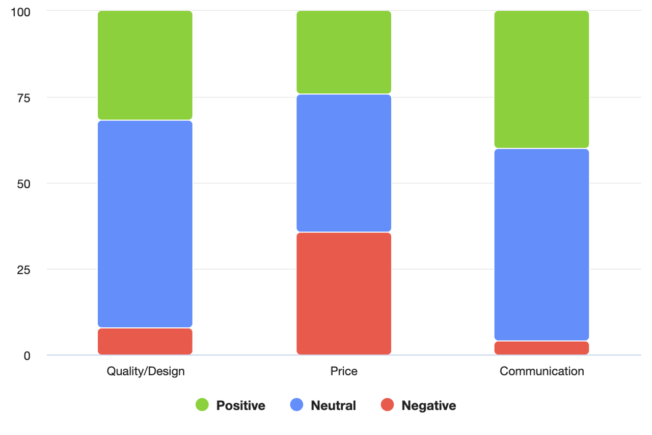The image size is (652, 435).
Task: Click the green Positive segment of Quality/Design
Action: click(145, 65)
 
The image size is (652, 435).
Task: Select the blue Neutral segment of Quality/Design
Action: click(145, 224)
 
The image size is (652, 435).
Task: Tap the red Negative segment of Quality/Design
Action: click(145, 341)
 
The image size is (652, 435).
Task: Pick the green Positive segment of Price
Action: click(344, 52)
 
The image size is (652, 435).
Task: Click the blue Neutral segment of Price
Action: click(344, 163)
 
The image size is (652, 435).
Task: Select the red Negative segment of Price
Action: click(344, 293)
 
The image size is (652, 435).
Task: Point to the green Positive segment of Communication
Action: click(541, 80)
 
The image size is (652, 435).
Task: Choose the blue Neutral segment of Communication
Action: click(541, 244)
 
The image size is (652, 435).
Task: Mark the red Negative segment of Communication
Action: click(541, 348)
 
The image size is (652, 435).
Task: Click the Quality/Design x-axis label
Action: click(145, 371)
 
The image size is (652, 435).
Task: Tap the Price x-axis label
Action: click(344, 371)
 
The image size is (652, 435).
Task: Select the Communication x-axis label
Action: click(541, 371)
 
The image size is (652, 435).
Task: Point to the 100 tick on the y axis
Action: click(21, 12)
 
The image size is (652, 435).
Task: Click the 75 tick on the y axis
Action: click(23, 98)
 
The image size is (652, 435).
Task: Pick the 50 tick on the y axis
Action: click(23, 184)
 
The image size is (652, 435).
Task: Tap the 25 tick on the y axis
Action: click(23, 270)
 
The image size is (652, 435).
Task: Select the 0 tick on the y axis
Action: click(26, 355)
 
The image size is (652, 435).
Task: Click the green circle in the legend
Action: click(202, 405)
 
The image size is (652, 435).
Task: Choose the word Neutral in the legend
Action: click(333, 406)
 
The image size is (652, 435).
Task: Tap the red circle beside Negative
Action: click(387, 405)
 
